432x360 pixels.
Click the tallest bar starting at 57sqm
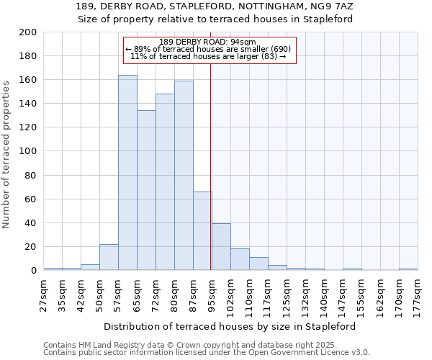coord(127,173)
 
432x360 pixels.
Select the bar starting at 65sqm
coord(146,190)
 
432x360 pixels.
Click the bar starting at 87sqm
coord(202,230)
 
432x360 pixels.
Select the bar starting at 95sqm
coord(221,246)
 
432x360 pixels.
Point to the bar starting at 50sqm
coord(109,257)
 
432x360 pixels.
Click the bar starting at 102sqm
coord(240,259)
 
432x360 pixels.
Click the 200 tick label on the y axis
coord(28,32)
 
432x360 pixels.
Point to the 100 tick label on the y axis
coord(28,151)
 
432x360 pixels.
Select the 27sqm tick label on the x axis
coord(43,294)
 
